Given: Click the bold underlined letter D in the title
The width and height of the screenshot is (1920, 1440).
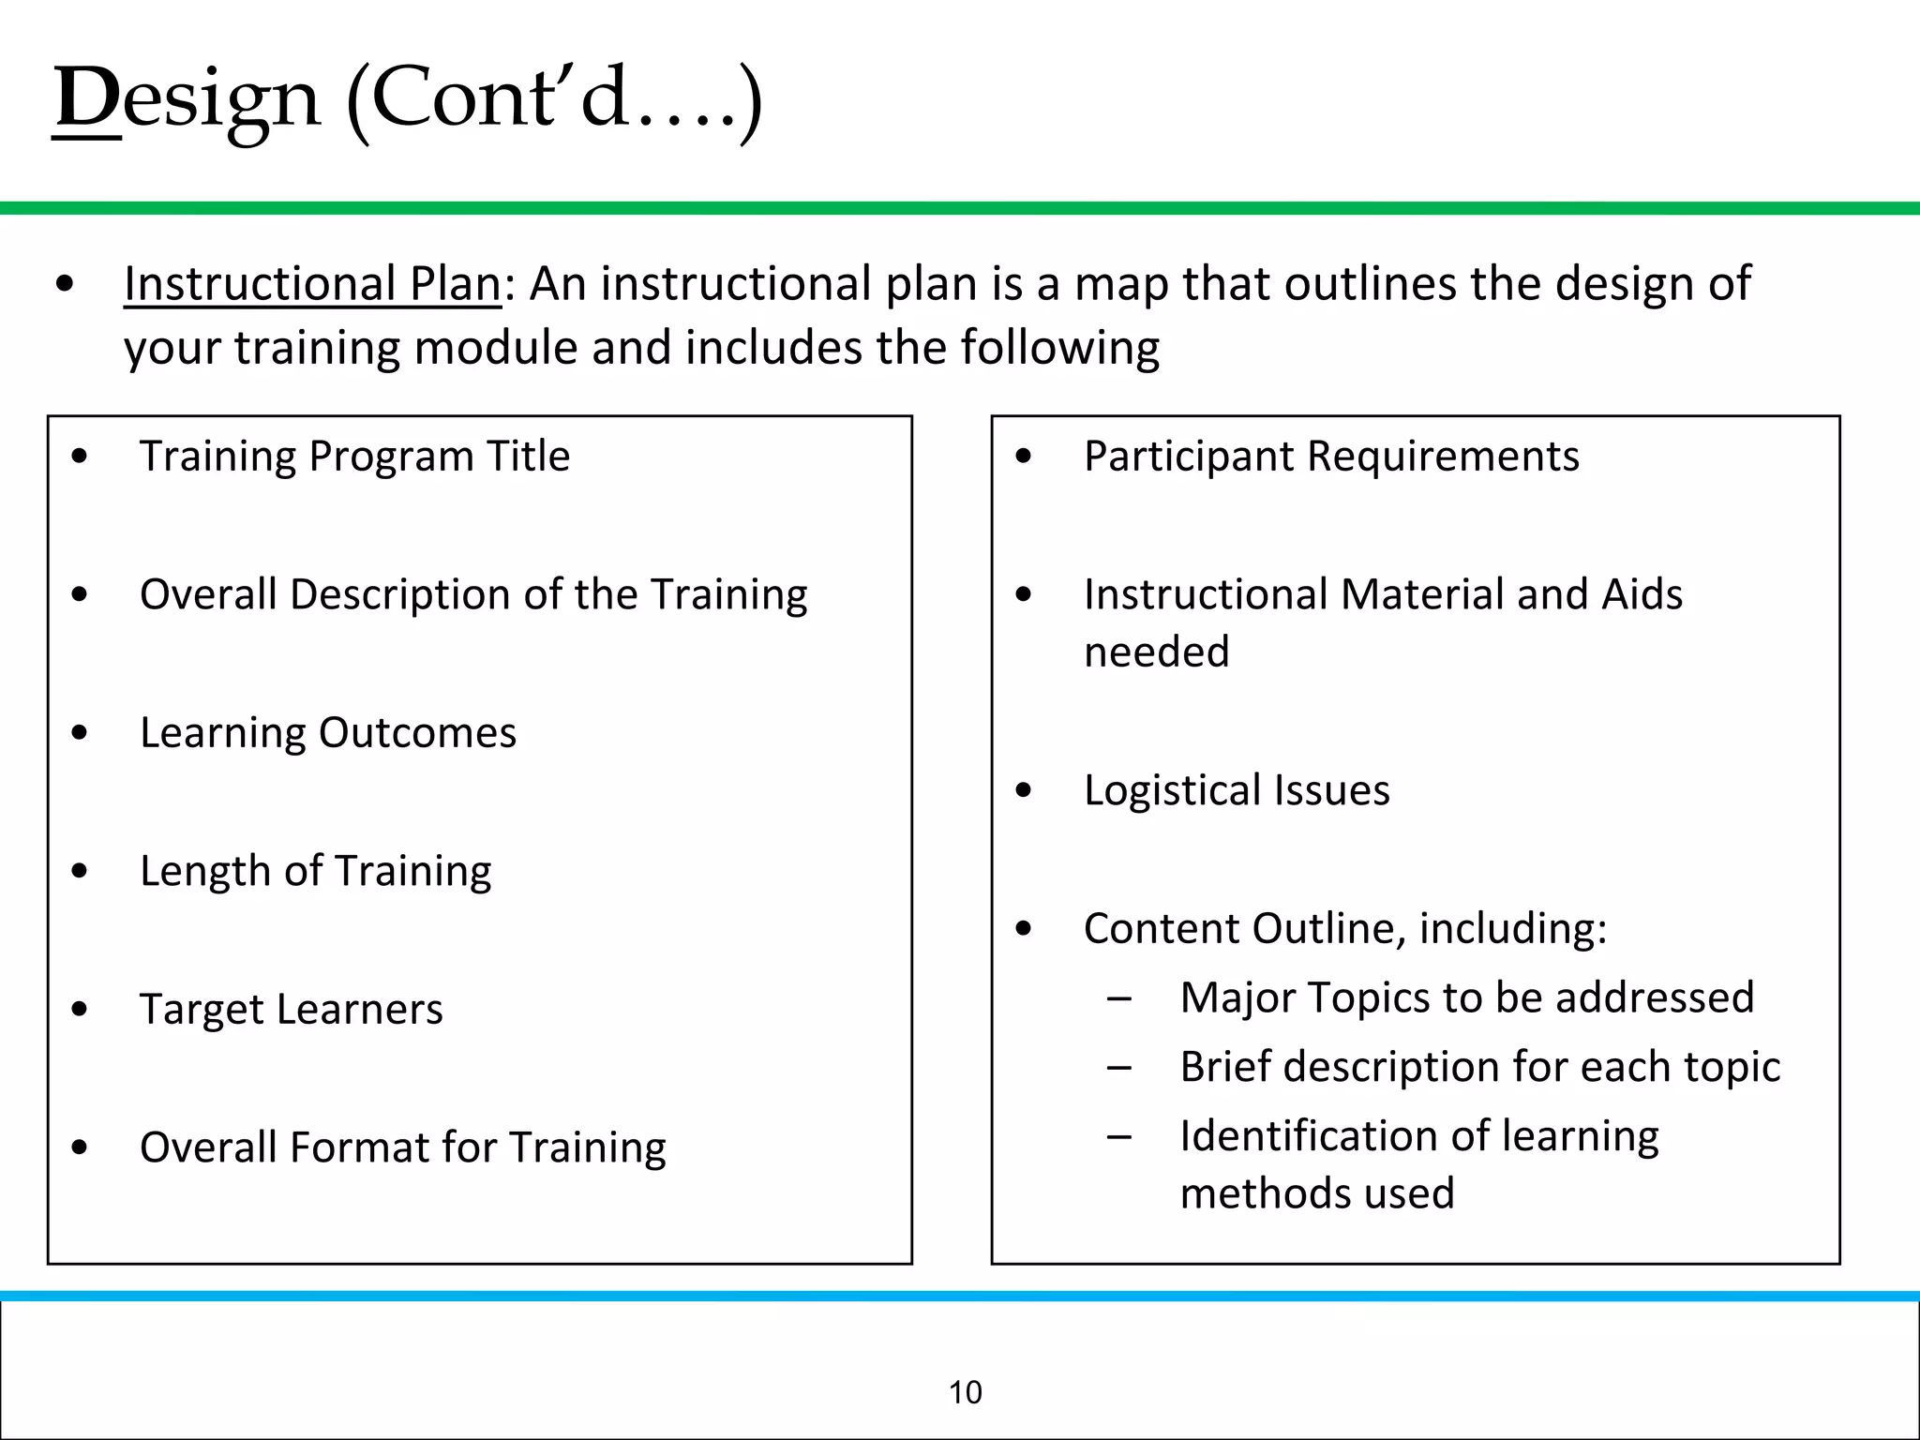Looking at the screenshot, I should click(x=86, y=98).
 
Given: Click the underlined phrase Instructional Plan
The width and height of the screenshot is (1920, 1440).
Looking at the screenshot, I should click(x=312, y=284).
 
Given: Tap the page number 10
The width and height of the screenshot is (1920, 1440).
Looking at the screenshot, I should click(x=965, y=1393).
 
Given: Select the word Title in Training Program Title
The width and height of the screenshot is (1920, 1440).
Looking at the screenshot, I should click(x=528, y=457).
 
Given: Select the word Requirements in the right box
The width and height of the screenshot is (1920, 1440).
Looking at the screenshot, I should click(x=1443, y=457).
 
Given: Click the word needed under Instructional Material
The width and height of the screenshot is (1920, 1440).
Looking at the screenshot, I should click(x=1156, y=652).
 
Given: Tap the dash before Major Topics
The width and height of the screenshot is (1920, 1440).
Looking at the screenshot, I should click(x=1118, y=997).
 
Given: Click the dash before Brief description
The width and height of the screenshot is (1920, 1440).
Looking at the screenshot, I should click(x=1118, y=1067).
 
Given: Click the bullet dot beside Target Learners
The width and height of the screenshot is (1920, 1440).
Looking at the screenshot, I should click(x=80, y=1010).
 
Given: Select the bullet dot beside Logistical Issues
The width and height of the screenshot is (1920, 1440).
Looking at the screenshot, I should click(x=1024, y=790).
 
